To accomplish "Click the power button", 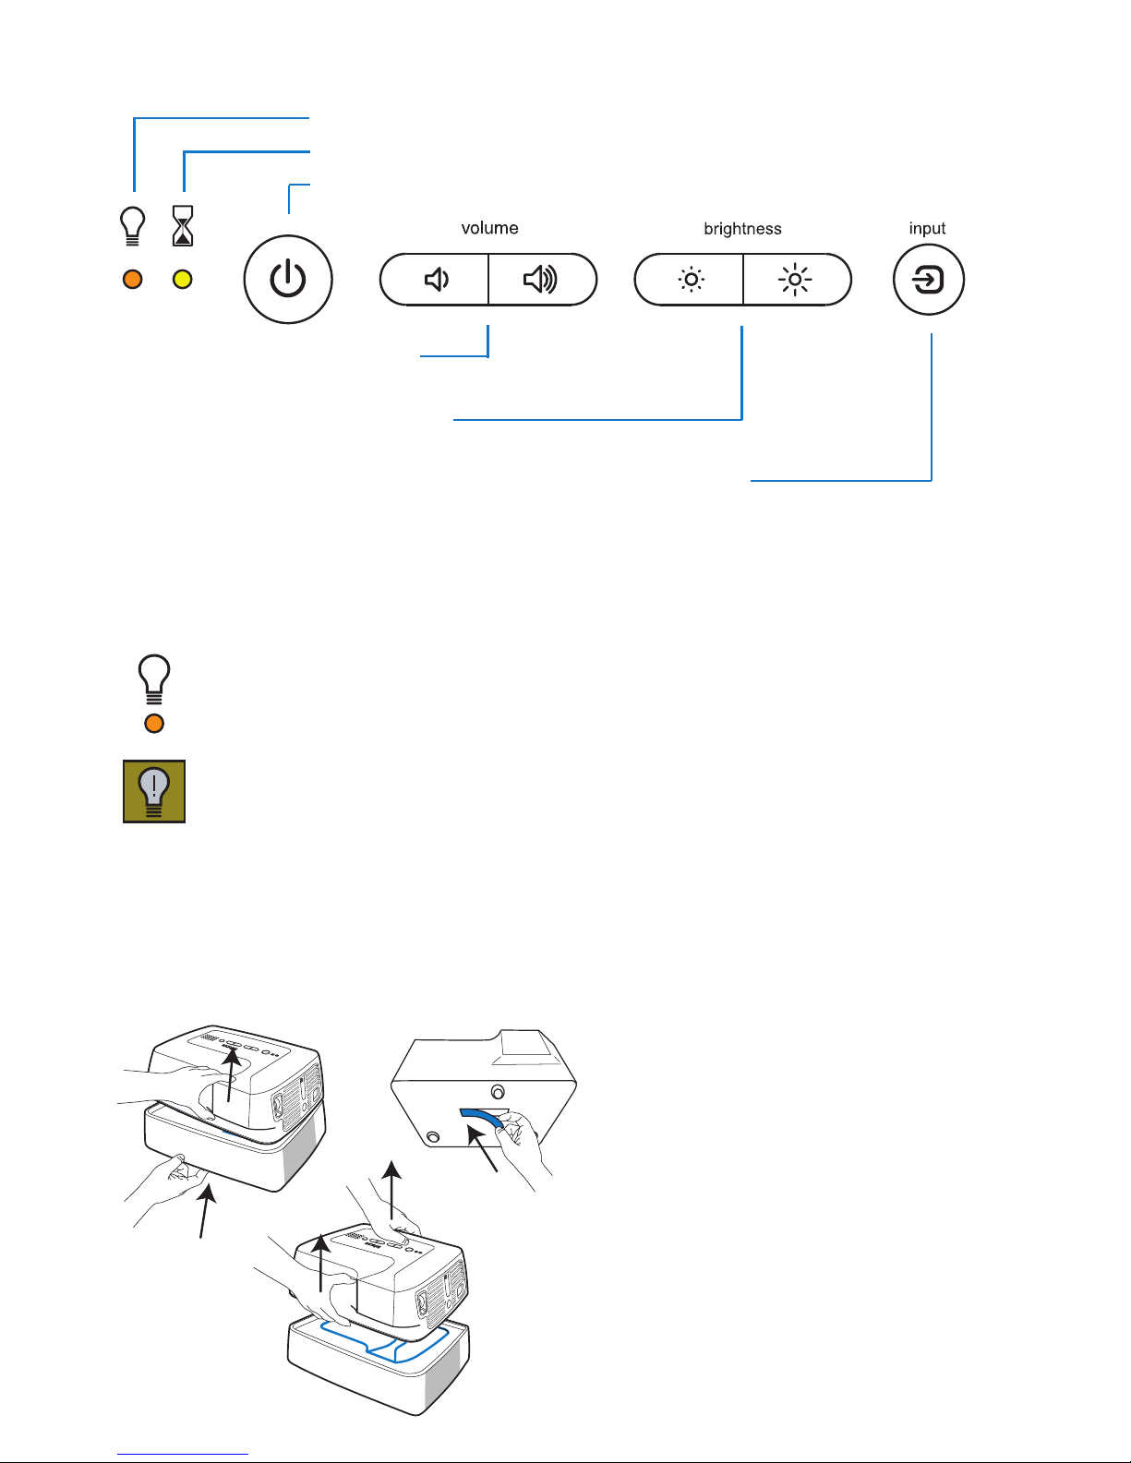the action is (x=288, y=279).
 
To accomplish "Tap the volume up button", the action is (x=542, y=279).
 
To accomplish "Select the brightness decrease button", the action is (x=690, y=279).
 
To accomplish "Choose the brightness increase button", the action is (x=796, y=279).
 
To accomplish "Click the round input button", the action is (x=929, y=279).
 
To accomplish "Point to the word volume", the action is (x=489, y=228).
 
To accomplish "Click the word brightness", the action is (x=742, y=229).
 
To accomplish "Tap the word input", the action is (x=927, y=228).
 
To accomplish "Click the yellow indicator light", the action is (x=183, y=279).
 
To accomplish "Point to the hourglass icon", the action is (x=183, y=226).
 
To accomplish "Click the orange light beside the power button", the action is (x=133, y=279).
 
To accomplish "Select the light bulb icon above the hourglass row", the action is (x=134, y=225).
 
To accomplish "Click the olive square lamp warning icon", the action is (x=154, y=791).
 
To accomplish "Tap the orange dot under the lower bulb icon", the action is (x=154, y=724).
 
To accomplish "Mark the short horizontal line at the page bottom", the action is (x=183, y=1454).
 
